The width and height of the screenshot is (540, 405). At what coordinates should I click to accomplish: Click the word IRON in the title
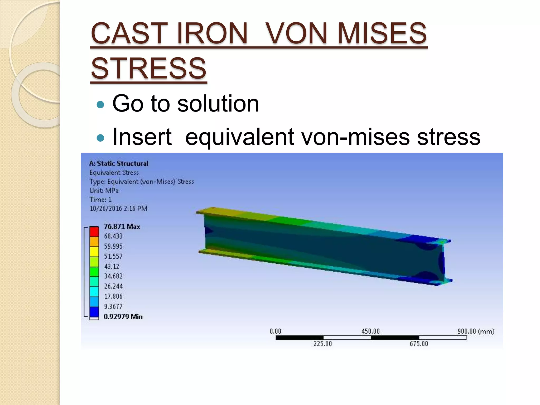(212, 33)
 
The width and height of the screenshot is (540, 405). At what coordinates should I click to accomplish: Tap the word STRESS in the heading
(148, 69)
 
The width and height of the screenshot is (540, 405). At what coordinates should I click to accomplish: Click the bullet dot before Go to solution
(100, 105)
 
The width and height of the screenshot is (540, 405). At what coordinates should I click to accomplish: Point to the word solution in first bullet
(218, 104)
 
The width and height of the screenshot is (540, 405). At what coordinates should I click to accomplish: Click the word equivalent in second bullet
(239, 137)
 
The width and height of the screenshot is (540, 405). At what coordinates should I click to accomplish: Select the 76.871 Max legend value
(122, 226)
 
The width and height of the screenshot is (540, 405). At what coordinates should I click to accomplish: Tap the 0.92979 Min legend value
(123, 316)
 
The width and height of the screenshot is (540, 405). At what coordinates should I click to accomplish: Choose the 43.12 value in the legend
(112, 266)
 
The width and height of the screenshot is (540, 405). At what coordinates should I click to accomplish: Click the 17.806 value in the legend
(113, 296)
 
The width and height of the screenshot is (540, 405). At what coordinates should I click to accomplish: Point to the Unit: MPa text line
(104, 191)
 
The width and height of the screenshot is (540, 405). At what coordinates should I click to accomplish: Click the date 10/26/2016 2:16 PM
(118, 209)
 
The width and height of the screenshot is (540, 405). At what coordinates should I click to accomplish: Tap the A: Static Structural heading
(119, 163)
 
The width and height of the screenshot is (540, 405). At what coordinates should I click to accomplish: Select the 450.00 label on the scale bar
(370, 331)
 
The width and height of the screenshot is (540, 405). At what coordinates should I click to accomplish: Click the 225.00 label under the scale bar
(322, 344)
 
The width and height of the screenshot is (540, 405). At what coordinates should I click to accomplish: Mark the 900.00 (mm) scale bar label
(476, 331)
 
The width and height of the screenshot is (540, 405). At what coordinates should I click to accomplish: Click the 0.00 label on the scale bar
(275, 331)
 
